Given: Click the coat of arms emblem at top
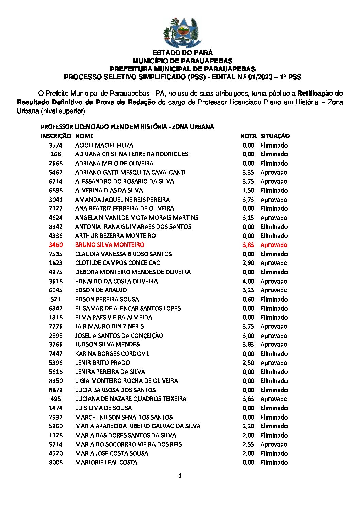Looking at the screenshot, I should (181, 33).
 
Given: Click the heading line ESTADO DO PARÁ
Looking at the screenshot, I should (182, 53).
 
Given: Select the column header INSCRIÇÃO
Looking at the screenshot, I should (56, 136).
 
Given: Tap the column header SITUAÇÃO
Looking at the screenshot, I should (275, 136).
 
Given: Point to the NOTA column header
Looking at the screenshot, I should (248, 136).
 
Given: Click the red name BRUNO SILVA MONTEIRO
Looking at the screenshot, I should (110, 245).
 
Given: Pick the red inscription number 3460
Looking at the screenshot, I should (56, 245).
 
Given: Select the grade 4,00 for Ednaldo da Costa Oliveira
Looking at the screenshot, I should (248, 281).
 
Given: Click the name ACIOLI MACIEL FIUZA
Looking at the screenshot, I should (104, 145).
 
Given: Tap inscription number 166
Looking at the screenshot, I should (56, 154).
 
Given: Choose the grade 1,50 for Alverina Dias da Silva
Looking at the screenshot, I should (248, 190).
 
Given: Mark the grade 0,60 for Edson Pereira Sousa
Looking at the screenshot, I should (248, 299).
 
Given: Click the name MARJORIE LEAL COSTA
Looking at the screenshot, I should (106, 462).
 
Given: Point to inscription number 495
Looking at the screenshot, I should (56, 399).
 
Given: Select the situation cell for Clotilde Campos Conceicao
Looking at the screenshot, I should (274, 263).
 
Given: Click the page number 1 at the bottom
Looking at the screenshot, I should (180, 476).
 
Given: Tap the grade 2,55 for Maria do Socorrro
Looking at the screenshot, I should (248, 444).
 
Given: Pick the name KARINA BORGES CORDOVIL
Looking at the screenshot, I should (112, 354).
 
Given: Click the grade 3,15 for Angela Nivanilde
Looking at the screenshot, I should (248, 218).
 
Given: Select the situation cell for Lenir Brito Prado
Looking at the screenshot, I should (274, 363).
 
